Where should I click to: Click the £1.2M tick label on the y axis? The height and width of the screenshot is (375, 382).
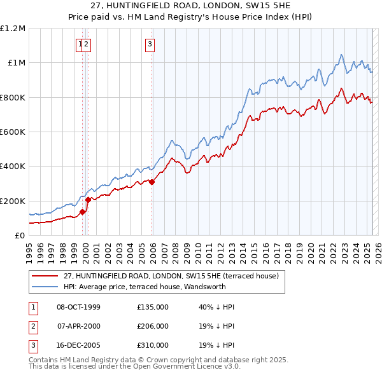13,29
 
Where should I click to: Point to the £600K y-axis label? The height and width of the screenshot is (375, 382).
13,132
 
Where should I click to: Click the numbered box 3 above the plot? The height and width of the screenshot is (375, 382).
149,44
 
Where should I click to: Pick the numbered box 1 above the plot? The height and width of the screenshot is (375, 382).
80,44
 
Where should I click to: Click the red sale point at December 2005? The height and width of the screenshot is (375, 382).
152,182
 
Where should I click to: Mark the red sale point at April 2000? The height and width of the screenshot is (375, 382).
88,200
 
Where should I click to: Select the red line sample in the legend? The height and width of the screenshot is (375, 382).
45,276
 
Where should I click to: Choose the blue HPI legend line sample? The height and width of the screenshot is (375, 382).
45,286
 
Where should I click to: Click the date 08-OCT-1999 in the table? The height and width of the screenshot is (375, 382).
79,307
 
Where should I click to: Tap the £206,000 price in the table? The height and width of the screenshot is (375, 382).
153,326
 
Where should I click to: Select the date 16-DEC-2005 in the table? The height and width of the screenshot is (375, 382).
79,345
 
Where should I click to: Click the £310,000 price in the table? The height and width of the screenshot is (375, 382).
153,345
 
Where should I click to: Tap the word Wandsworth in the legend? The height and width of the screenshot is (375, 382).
192,286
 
